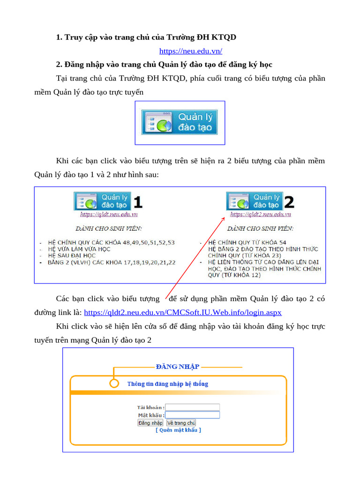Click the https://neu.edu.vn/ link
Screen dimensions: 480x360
190,51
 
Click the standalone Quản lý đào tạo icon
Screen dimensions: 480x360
180,122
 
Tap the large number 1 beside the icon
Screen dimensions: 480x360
137,202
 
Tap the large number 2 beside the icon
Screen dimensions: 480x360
289,202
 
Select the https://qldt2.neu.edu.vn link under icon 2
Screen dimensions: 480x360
261,214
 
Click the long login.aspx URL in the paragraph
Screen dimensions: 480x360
183,312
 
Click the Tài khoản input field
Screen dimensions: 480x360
192,407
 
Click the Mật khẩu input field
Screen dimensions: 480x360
192,415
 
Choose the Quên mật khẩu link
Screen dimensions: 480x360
178,430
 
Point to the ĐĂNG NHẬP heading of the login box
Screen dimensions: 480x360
178,367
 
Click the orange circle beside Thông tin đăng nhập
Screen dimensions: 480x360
114,383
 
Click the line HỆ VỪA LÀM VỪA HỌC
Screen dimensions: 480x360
79,249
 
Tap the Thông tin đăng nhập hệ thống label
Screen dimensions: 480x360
168,384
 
